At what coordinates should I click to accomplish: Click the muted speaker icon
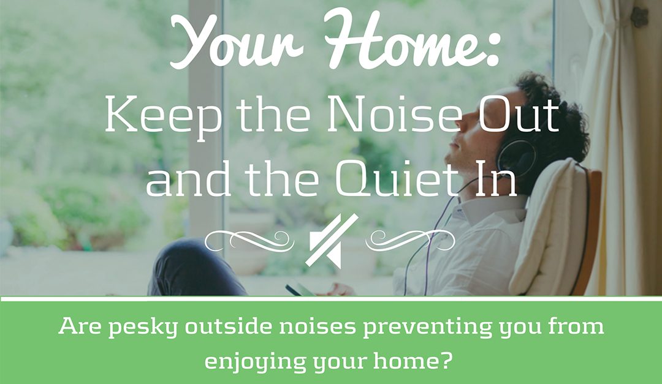tap(330, 240)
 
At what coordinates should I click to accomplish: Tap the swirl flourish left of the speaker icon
tap(245, 239)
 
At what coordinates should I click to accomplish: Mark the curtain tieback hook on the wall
tap(639, 17)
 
